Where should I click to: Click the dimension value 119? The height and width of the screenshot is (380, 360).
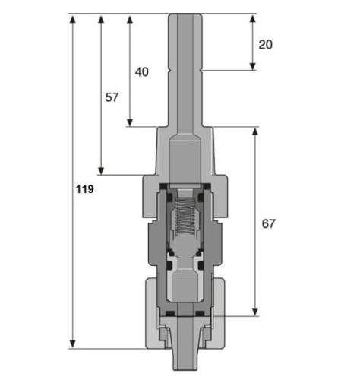(x=85, y=189)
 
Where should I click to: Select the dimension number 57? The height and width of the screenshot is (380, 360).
(x=112, y=97)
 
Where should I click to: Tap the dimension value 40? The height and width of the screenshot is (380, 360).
(x=142, y=72)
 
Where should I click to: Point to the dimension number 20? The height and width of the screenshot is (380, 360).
(x=266, y=45)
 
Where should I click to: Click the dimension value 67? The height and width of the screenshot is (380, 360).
(x=268, y=223)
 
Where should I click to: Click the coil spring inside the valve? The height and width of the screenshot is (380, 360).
(x=185, y=215)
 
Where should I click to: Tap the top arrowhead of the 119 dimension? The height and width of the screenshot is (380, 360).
(x=73, y=19)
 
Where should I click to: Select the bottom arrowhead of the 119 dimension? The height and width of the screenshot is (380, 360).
(x=73, y=344)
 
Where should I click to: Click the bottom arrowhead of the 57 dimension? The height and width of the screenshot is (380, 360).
(x=101, y=171)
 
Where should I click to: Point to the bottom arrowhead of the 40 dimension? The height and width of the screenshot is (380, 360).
(x=130, y=122)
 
